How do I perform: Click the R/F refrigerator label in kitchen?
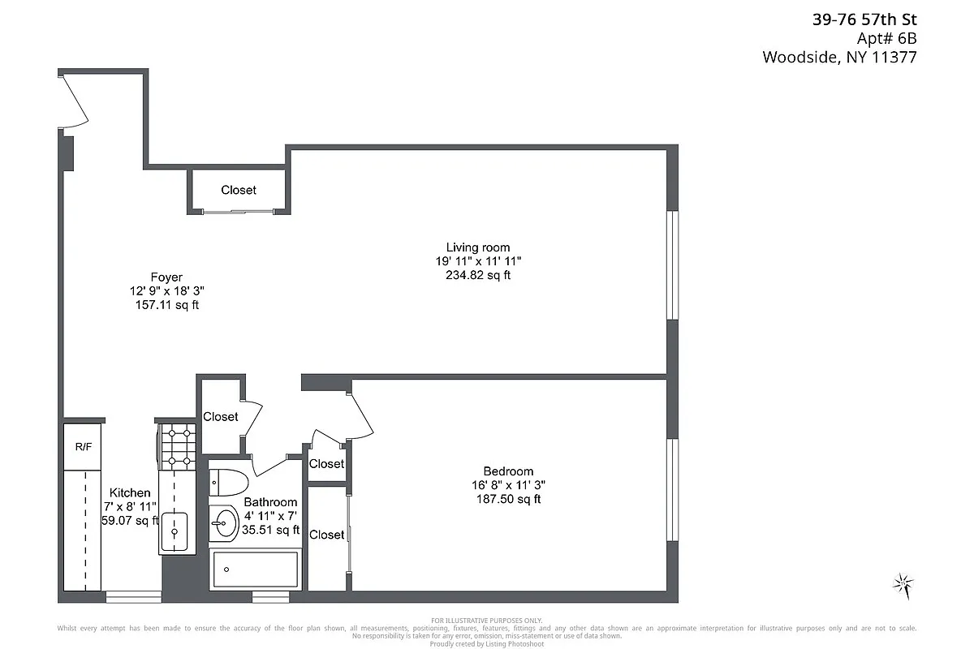point(83,446)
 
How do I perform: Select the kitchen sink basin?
point(174,531)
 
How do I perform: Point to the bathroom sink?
point(223,524)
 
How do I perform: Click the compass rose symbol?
point(903,583)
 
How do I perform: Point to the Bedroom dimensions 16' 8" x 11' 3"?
point(508,485)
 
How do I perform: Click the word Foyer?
point(166,277)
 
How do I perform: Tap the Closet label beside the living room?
point(239,190)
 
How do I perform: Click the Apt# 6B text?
point(886,38)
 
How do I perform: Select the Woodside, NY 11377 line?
point(839,57)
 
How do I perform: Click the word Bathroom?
point(270,502)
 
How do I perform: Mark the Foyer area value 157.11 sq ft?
point(166,305)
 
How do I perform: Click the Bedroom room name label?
point(508,471)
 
